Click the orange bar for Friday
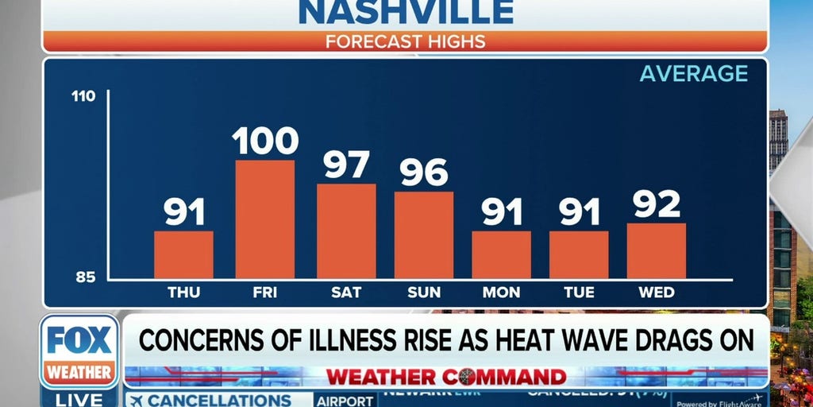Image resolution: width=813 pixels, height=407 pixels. tap(264, 219)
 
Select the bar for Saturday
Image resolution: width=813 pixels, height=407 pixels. tap(346, 231)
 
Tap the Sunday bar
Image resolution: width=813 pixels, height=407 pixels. tap(424, 235)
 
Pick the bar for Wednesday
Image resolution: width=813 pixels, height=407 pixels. tap(657, 251)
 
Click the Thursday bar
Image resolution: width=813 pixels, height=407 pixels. tap(183, 255)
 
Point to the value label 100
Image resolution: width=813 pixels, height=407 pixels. tap(265, 141)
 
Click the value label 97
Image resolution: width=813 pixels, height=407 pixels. tap(347, 165)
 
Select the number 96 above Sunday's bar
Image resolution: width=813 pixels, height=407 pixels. tap(424, 172)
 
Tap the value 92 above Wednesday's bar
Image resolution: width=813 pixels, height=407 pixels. tap(657, 204)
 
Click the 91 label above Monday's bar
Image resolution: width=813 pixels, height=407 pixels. tap(502, 212)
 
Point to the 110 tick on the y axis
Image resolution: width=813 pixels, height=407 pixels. tap(83, 97)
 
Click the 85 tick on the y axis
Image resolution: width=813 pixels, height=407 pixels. tap(85, 277)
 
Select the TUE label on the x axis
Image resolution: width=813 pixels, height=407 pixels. tap(579, 293)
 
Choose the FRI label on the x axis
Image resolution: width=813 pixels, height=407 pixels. tap(264, 293)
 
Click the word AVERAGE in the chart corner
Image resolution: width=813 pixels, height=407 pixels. tap(694, 74)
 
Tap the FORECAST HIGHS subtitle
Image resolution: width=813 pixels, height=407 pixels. tap(406, 41)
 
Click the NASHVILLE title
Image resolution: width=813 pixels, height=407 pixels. tap(406, 11)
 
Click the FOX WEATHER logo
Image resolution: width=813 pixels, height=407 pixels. tap(79, 351)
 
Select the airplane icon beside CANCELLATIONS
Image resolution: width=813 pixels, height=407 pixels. tap(136, 401)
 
